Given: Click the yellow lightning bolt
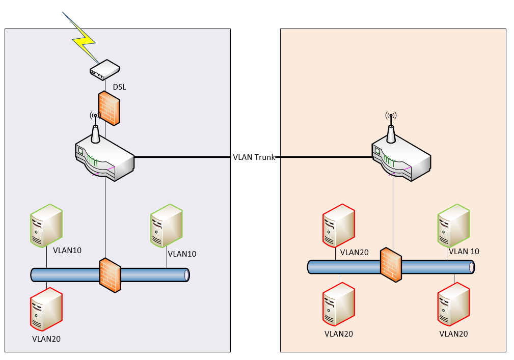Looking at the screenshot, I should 84,41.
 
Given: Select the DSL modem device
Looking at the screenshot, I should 105,70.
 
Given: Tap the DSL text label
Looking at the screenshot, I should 119,87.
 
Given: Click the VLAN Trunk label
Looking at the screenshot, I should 254,157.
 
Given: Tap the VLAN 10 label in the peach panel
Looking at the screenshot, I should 464,251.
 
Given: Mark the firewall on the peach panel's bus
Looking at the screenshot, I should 391,264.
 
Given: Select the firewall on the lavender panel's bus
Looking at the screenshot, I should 110,275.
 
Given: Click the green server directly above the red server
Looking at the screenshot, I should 46,226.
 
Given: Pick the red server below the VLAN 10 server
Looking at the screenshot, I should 453,305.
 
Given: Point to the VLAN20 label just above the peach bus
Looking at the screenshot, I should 354,252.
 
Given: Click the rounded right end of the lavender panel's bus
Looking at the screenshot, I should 186,275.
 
